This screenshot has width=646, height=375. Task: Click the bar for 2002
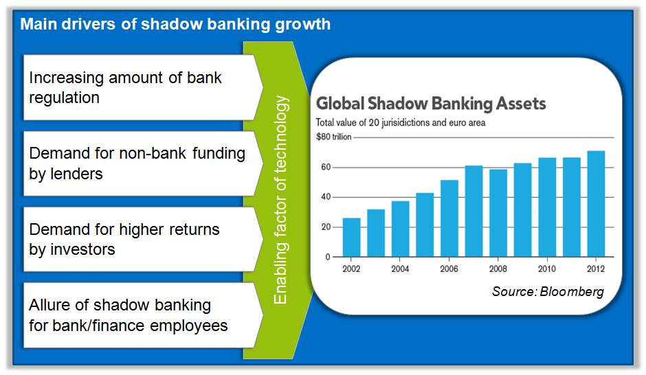pyautogui.click(x=351, y=238)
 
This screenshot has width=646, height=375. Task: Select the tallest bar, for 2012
pyautogui.click(x=596, y=204)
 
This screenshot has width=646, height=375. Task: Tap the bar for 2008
pyautogui.click(x=498, y=213)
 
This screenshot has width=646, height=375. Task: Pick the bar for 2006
pyautogui.click(x=449, y=218)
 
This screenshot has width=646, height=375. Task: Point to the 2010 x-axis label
pyautogui.click(x=547, y=269)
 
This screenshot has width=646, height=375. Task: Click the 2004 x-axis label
pyautogui.click(x=400, y=269)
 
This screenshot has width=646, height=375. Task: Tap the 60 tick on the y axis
pyautogui.click(x=326, y=167)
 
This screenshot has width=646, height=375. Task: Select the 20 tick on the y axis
pyautogui.click(x=326, y=227)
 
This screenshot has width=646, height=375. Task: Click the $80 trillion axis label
pyautogui.click(x=334, y=137)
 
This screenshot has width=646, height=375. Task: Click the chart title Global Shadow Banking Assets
pyautogui.click(x=431, y=104)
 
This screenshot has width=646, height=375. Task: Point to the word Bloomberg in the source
pyautogui.click(x=572, y=291)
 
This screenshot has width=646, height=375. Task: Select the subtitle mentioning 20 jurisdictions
pyautogui.click(x=401, y=122)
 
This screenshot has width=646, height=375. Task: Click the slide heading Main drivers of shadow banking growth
pyautogui.click(x=175, y=24)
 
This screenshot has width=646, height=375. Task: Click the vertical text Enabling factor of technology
pyautogui.click(x=280, y=200)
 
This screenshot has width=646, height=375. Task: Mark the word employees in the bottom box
pyautogui.click(x=189, y=326)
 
